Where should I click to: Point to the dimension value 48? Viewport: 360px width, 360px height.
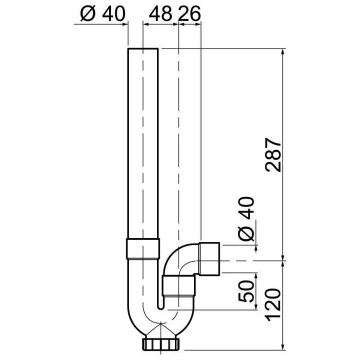pos(159,15)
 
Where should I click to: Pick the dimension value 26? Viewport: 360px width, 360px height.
pos(189,15)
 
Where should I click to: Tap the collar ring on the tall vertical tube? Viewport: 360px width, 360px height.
pos(143,248)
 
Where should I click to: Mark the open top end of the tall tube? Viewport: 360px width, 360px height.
pos(143,49)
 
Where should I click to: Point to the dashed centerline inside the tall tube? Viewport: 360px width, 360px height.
pos(143,150)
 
